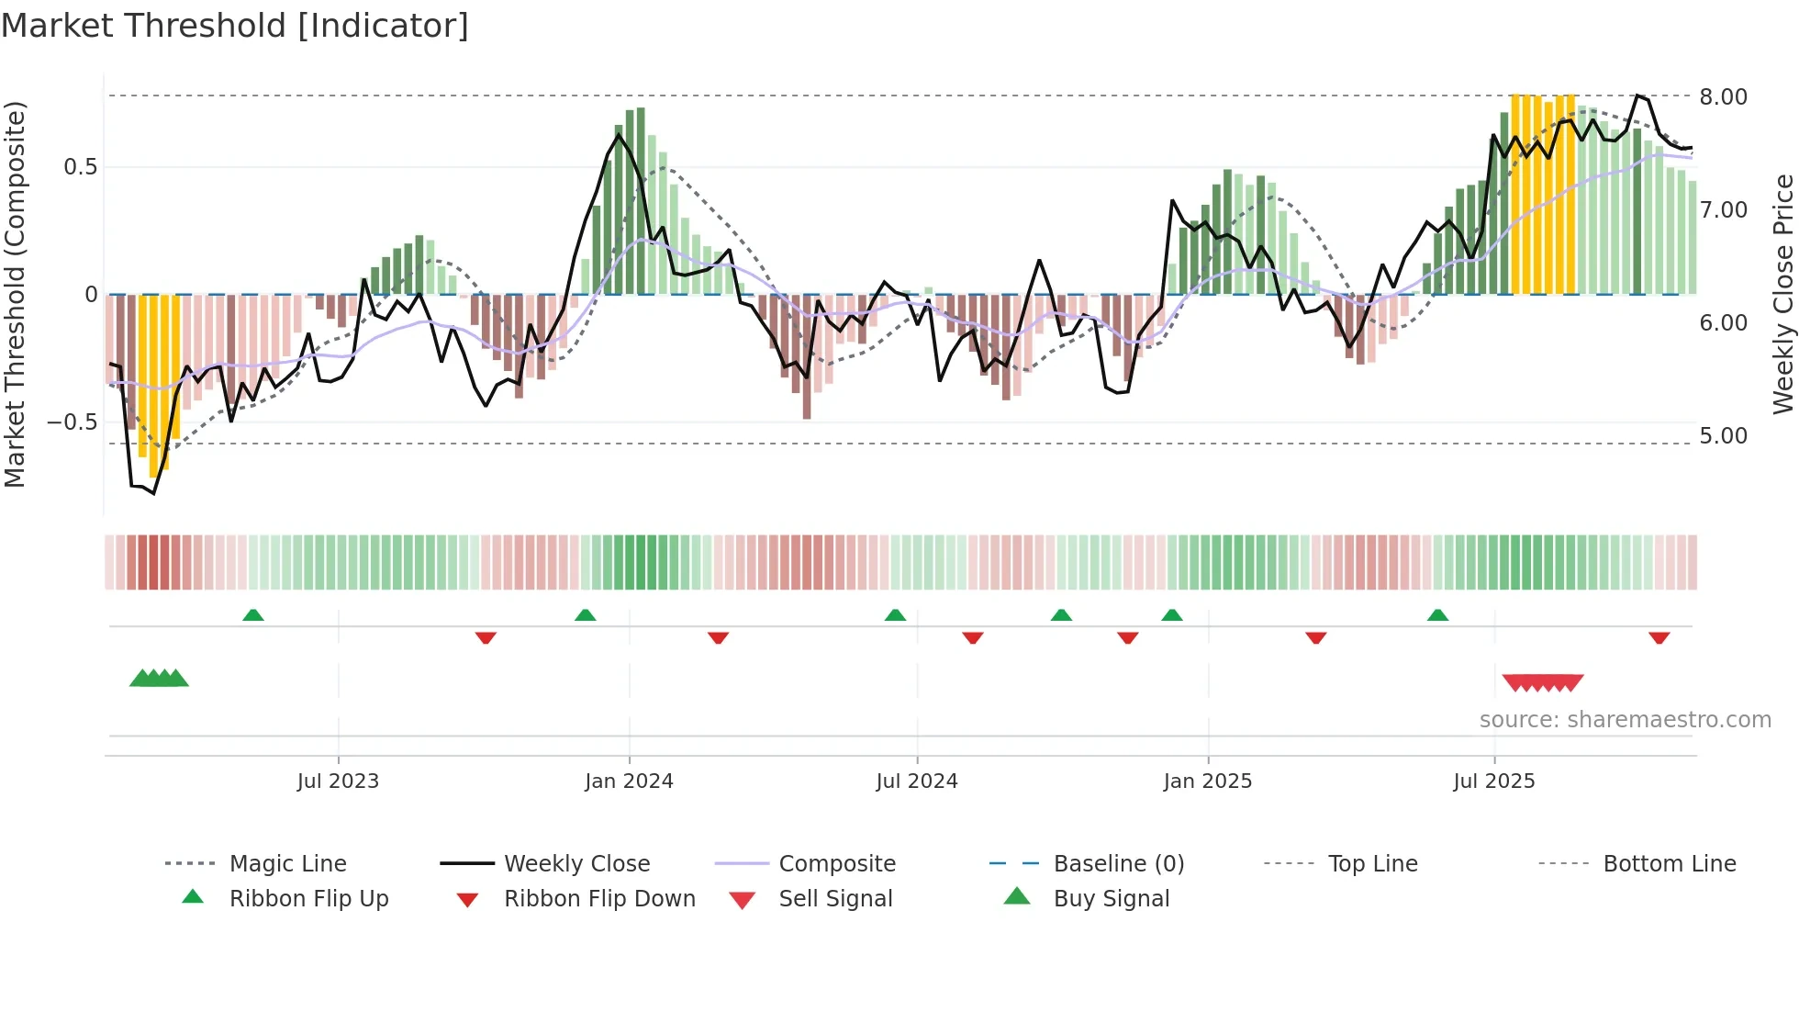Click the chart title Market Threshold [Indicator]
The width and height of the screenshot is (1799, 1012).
[x=235, y=26]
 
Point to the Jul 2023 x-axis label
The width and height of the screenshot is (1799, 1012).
[x=338, y=781]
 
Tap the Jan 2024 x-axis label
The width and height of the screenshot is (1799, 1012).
[x=629, y=781]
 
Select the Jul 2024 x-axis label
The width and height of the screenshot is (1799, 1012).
[x=916, y=781]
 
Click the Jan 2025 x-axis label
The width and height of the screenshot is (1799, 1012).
[x=1207, y=781]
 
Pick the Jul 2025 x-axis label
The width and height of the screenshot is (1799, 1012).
[x=1493, y=781]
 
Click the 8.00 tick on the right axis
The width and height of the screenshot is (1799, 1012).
[x=1723, y=97]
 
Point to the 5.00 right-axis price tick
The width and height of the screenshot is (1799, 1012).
[x=1723, y=436]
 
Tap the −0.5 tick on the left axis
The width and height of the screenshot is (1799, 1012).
[x=72, y=422]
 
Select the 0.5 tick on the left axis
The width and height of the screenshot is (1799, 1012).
[x=80, y=167]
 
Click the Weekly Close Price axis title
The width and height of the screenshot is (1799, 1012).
[x=1782, y=294]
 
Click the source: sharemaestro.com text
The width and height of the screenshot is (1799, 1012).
[x=1625, y=720]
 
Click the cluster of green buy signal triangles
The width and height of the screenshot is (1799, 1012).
[x=159, y=679]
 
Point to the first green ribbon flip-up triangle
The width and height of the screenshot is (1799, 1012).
[x=253, y=614]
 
